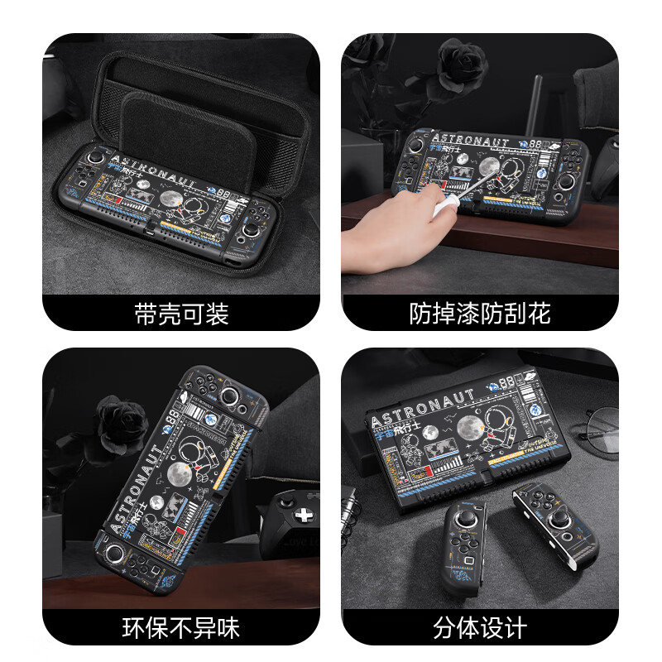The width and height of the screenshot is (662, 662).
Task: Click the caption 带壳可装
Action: [180, 314]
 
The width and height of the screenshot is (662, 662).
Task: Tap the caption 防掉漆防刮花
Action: [480, 314]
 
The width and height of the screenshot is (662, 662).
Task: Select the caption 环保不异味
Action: [180, 626]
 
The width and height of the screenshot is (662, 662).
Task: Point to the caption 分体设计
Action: [480, 626]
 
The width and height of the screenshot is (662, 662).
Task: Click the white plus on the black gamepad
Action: [305, 516]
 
